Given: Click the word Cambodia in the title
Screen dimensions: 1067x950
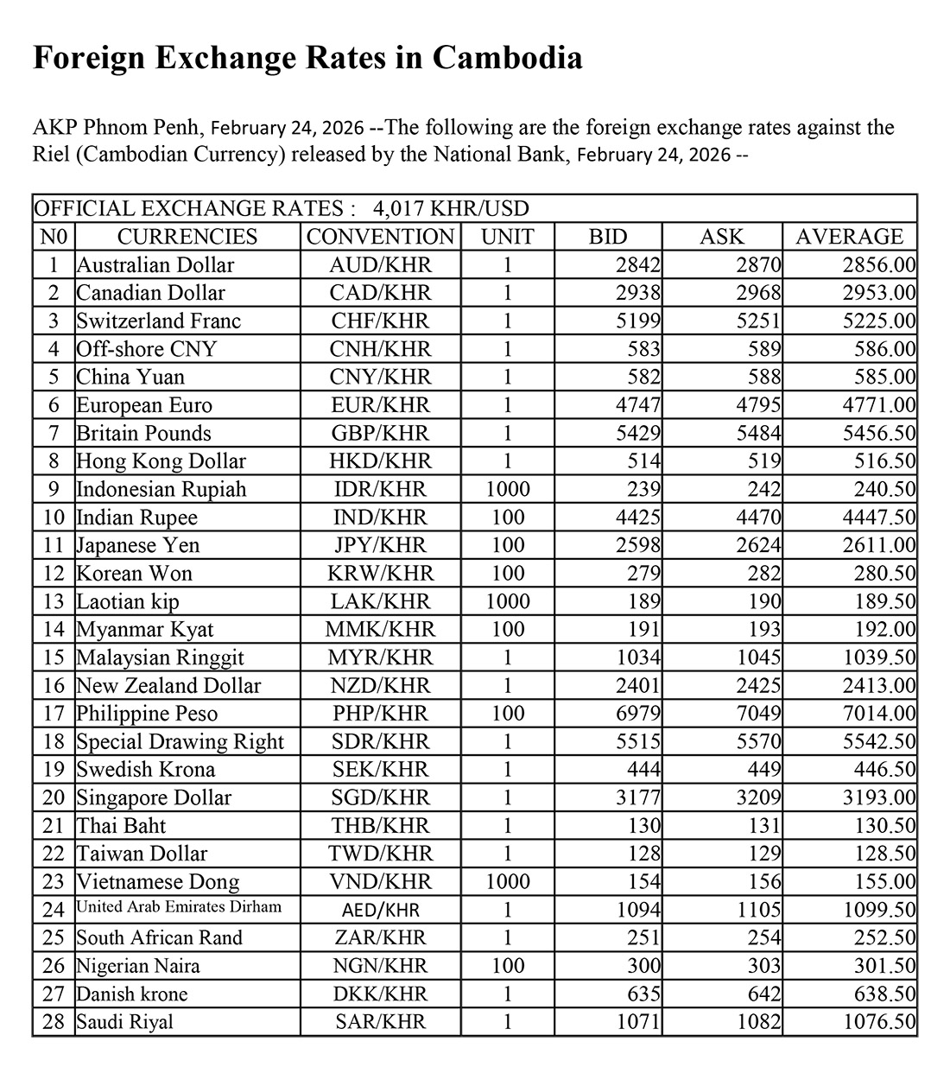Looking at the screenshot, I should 507,58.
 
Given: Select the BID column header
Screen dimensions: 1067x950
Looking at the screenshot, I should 608,237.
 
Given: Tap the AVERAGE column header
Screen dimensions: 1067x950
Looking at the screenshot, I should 849,237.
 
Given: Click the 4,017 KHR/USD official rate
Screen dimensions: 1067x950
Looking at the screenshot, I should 451,208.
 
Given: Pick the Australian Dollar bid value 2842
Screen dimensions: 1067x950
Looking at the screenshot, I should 639,265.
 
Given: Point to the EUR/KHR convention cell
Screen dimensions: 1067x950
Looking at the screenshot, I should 380,405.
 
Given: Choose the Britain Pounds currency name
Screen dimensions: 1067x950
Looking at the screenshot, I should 144,434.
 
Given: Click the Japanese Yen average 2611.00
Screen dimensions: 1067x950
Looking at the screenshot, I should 879,545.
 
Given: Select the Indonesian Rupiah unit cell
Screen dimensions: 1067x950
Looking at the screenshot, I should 507,489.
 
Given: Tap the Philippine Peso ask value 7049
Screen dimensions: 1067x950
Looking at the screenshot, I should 757,714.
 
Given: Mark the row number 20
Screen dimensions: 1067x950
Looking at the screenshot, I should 54,797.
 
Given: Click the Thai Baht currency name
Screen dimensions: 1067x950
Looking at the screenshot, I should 122,826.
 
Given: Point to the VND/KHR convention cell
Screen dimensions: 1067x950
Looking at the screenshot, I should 380,882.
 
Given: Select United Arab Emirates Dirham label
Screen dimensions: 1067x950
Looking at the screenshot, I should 179,907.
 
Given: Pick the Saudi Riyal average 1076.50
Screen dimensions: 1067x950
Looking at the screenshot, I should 879,1022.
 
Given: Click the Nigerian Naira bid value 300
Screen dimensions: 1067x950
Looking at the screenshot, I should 644,966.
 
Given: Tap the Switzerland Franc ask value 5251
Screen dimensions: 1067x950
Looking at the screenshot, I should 757,321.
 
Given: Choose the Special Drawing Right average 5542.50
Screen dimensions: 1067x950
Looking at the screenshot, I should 879,741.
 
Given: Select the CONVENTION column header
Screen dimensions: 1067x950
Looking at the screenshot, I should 380,237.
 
